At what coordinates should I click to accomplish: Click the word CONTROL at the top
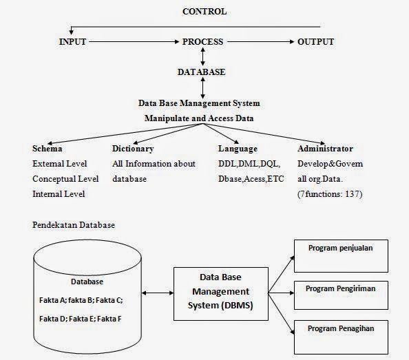tap(204, 12)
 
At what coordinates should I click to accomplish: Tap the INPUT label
tap(72, 42)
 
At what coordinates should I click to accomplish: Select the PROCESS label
tap(202, 42)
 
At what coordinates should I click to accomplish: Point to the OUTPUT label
tap(315, 42)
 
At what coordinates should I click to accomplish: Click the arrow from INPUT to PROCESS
tap(134, 42)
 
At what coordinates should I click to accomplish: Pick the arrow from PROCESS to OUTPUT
tap(260, 42)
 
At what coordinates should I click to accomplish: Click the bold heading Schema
tap(48, 149)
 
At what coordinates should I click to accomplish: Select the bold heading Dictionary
tap(133, 149)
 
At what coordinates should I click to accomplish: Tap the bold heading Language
tap(238, 149)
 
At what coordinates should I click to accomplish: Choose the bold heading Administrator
tap(325, 149)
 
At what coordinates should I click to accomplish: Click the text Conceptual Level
tap(65, 179)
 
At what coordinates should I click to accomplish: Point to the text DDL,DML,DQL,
tap(249, 164)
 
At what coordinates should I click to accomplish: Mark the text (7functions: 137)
tap(330, 194)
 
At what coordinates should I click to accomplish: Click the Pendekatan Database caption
tap(74, 225)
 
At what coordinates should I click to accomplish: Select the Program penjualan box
tap(341, 256)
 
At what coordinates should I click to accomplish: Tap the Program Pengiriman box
tap(341, 295)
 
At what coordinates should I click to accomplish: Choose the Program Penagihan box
tap(341, 337)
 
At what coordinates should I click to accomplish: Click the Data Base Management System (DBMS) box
tap(221, 294)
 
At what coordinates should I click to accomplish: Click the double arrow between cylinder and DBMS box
tap(158, 293)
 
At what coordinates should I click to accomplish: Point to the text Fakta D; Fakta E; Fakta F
tap(81, 319)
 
